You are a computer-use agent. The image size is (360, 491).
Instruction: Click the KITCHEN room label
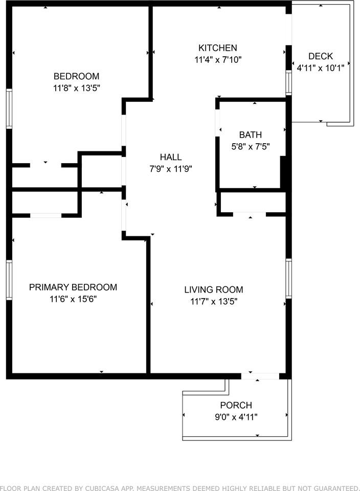tap(217, 48)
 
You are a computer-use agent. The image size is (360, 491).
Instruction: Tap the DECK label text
tap(320, 56)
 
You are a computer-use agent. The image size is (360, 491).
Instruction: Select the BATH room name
tap(251, 135)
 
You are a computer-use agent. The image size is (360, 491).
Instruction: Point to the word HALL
tap(171, 157)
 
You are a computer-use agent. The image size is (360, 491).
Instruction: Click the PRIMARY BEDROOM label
tap(73, 287)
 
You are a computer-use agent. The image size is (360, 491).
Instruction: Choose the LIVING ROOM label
tap(214, 289)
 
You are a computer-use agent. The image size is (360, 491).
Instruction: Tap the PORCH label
tap(236, 405)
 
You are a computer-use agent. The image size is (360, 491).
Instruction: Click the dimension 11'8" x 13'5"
tap(76, 88)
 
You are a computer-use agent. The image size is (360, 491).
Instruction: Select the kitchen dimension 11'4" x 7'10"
tap(218, 59)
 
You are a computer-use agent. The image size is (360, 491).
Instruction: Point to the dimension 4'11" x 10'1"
tap(320, 68)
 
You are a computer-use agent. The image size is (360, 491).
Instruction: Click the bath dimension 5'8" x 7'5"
tap(251, 147)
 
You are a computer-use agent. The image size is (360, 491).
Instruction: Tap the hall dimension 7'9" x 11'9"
tap(171, 169)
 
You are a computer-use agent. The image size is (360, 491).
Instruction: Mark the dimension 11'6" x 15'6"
tap(73, 299)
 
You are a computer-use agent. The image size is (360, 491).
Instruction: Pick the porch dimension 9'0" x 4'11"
tap(236, 417)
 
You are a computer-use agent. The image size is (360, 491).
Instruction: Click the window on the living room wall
tap(288, 278)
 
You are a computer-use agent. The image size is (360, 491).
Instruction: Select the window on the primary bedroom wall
tap(9, 280)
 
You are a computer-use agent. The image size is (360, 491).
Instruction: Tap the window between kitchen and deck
tap(288, 82)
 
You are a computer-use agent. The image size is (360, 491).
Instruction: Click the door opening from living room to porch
tap(260, 376)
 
